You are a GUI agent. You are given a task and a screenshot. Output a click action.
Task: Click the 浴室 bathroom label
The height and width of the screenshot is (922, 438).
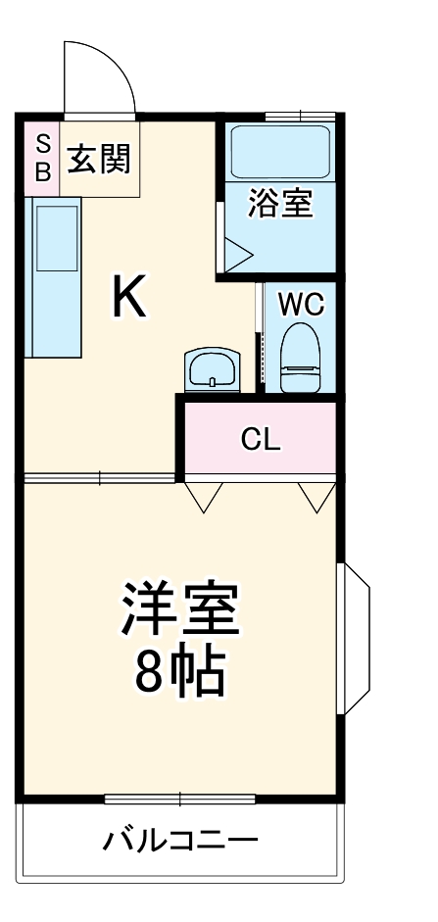[x=280, y=205]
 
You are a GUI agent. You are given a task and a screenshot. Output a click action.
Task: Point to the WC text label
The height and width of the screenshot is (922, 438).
[x=300, y=304]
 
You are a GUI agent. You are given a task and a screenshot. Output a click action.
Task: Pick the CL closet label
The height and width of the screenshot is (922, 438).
[x=261, y=439]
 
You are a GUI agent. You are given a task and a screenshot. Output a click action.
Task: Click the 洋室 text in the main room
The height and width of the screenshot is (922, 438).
[x=179, y=608]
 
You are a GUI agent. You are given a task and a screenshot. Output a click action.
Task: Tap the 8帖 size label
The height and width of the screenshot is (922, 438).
[x=179, y=673]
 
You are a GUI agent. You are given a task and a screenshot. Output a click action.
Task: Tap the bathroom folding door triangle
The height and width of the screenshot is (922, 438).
[x=236, y=254]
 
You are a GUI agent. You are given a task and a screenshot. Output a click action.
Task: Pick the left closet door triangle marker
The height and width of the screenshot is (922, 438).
[x=204, y=498]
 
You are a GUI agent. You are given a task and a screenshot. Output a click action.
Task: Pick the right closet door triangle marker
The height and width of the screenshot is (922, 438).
[x=316, y=498]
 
